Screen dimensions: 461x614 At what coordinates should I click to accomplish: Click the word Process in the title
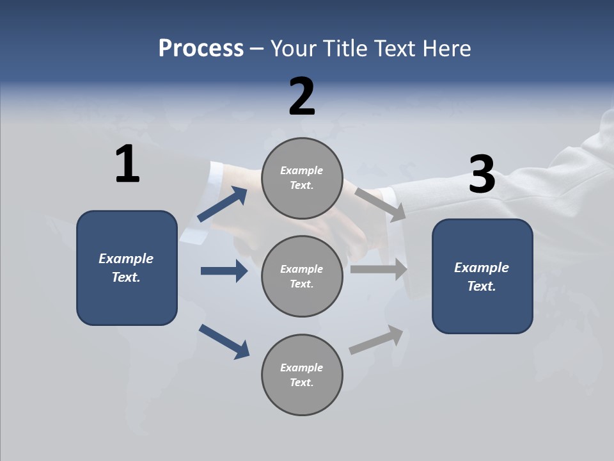click(201, 49)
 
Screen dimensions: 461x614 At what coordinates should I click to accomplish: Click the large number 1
click(127, 165)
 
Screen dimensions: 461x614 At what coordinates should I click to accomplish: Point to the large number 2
click(302, 97)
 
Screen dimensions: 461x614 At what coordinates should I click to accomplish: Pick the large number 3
click(482, 175)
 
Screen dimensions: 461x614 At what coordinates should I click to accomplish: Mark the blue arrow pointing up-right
click(223, 204)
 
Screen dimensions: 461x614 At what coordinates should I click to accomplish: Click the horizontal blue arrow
click(224, 271)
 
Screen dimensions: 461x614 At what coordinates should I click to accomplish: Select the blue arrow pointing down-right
click(224, 341)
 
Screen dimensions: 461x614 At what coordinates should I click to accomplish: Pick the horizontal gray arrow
click(379, 270)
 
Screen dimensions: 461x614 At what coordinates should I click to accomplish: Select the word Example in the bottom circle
click(301, 368)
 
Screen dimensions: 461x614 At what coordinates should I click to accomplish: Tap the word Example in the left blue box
click(126, 259)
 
